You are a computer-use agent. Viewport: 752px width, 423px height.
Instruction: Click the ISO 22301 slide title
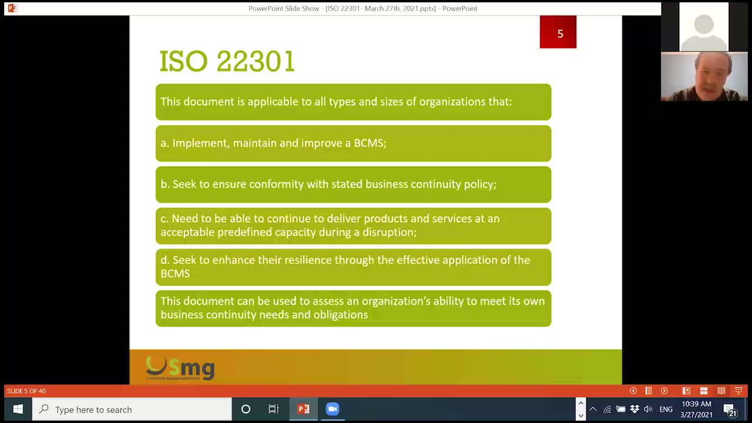pyautogui.click(x=227, y=62)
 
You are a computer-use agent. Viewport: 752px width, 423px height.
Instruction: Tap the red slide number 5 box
pyautogui.click(x=558, y=33)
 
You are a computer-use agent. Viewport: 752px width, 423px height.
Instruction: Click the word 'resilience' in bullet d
pyautogui.click(x=310, y=260)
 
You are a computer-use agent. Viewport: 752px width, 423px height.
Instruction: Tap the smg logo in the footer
pyautogui.click(x=180, y=368)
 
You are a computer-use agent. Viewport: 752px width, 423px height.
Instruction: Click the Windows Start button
pyautogui.click(x=18, y=409)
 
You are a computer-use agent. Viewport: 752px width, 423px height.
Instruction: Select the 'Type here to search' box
pyautogui.click(x=132, y=409)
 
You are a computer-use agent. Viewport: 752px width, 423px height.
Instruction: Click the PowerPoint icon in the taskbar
pyautogui.click(x=304, y=409)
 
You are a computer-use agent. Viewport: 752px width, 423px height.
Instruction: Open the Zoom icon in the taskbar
pyautogui.click(x=333, y=409)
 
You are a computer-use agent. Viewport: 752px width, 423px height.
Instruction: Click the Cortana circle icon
pyautogui.click(x=246, y=409)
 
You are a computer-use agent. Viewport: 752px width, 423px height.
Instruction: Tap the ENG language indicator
pyautogui.click(x=666, y=409)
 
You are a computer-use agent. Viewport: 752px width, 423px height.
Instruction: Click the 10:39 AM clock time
pyautogui.click(x=696, y=404)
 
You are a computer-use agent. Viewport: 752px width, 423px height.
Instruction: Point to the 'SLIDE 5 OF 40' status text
pyautogui.click(x=26, y=391)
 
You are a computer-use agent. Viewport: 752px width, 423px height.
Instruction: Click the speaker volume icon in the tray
pyautogui.click(x=648, y=409)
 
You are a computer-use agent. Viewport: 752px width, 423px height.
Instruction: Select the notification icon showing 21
pyautogui.click(x=730, y=410)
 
